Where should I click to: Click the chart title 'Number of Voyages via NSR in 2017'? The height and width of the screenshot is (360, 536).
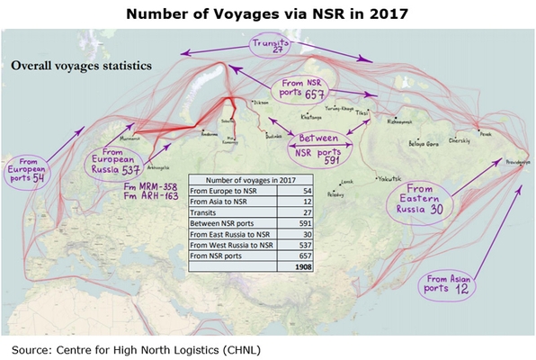coord(268,14)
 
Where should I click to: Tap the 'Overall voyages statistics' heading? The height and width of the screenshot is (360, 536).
coord(81,66)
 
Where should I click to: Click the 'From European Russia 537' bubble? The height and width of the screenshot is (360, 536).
coord(115,162)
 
